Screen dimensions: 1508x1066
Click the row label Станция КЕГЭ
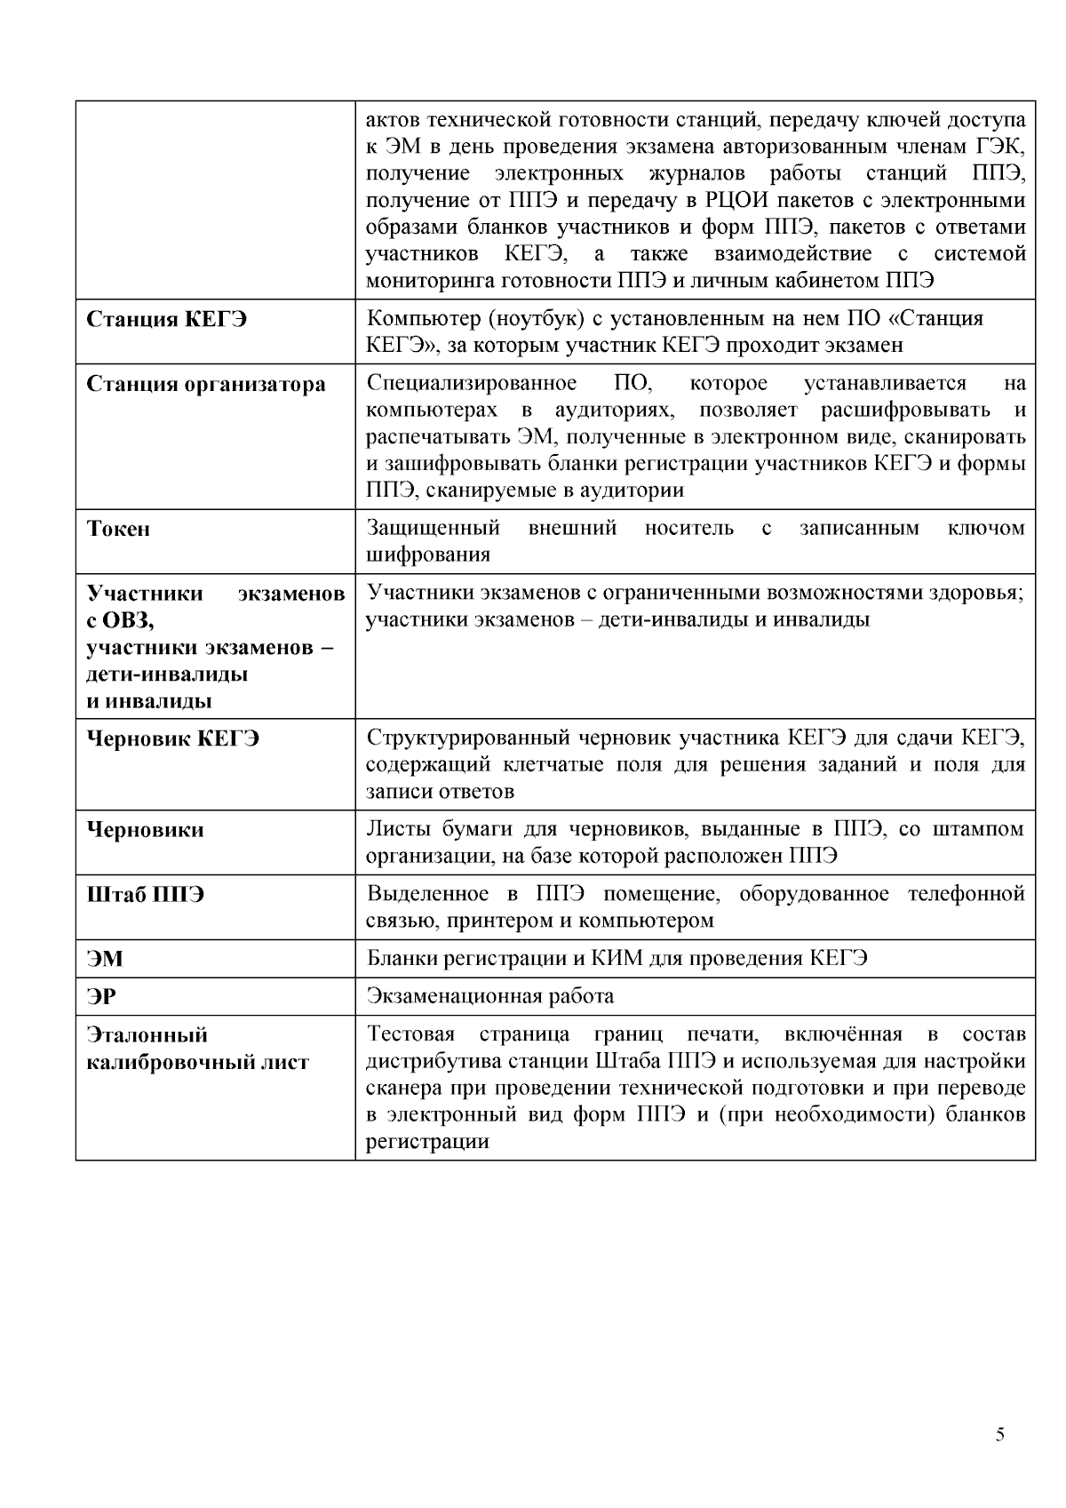coord(167,320)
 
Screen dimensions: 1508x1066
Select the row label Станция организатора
coord(206,385)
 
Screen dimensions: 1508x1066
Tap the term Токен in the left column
coord(118,530)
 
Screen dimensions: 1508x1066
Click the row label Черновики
coord(146,831)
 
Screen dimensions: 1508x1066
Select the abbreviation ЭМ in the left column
coord(105,960)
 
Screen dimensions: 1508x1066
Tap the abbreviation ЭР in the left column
coord(101,997)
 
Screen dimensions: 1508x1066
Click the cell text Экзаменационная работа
coord(489,996)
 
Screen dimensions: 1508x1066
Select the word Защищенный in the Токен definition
coord(434,529)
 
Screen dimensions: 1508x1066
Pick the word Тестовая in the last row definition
coord(410,1034)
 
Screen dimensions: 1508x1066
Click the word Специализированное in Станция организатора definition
coord(471,384)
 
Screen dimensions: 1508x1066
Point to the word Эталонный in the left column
coord(147,1035)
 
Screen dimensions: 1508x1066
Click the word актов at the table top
coord(394,120)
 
